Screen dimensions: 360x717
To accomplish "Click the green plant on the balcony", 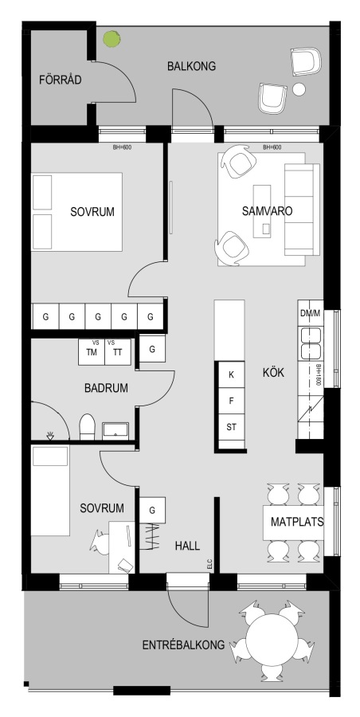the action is pyautogui.click(x=112, y=39).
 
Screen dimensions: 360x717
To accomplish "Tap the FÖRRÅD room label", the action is pyautogui.click(x=61, y=80).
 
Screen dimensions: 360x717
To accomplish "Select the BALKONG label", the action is pyautogui.click(x=191, y=66).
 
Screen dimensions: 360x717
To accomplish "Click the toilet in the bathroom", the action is pyautogui.click(x=87, y=427).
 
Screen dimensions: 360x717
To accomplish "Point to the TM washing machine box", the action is pyautogui.click(x=92, y=351).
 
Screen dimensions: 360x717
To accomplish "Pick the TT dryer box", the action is pyautogui.click(x=118, y=351).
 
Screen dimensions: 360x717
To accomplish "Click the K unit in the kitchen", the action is pyautogui.click(x=232, y=375).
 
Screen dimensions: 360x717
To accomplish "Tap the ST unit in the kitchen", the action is pyautogui.click(x=232, y=428).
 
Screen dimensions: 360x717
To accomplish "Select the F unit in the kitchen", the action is pyautogui.click(x=232, y=402).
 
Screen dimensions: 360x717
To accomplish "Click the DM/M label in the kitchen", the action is pyautogui.click(x=311, y=313).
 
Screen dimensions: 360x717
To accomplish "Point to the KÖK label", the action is pyautogui.click(x=273, y=373).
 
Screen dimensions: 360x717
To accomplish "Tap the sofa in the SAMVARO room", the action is pyautogui.click(x=302, y=210).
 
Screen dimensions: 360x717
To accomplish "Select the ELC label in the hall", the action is pyautogui.click(x=210, y=565).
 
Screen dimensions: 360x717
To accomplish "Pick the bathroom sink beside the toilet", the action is pyautogui.click(x=115, y=431).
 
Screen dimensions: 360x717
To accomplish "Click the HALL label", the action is pyautogui.click(x=187, y=546).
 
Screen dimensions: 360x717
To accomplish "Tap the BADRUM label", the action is pyautogui.click(x=106, y=388).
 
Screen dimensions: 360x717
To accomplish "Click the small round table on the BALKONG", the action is pyautogui.click(x=299, y=89).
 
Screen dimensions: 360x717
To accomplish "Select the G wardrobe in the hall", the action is pyautogui.click(x=152, y=510).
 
